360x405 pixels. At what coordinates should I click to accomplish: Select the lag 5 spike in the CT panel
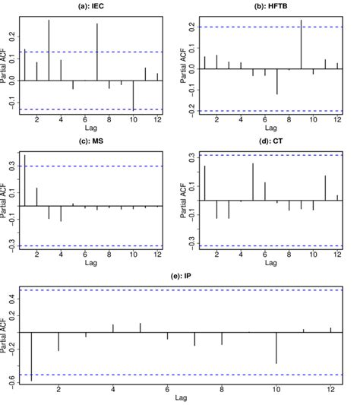(x=253, y=182)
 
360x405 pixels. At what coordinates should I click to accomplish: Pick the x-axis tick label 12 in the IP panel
(x=330, y=389)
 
